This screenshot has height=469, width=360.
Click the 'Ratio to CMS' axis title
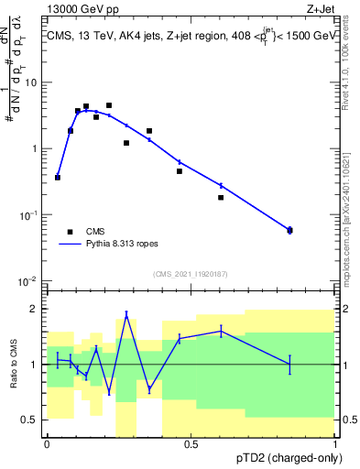[16, 364]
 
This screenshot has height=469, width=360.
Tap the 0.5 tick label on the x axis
[191, 442]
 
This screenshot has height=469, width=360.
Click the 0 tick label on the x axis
[47, 442]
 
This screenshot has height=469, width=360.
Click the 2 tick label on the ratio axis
[36, 309]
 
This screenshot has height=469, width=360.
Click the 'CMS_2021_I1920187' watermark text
[189, 274]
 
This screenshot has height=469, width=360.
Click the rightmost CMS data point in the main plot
[290, 230]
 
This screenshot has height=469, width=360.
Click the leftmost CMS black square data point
[58, 178]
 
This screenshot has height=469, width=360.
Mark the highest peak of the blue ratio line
[126, 314]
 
